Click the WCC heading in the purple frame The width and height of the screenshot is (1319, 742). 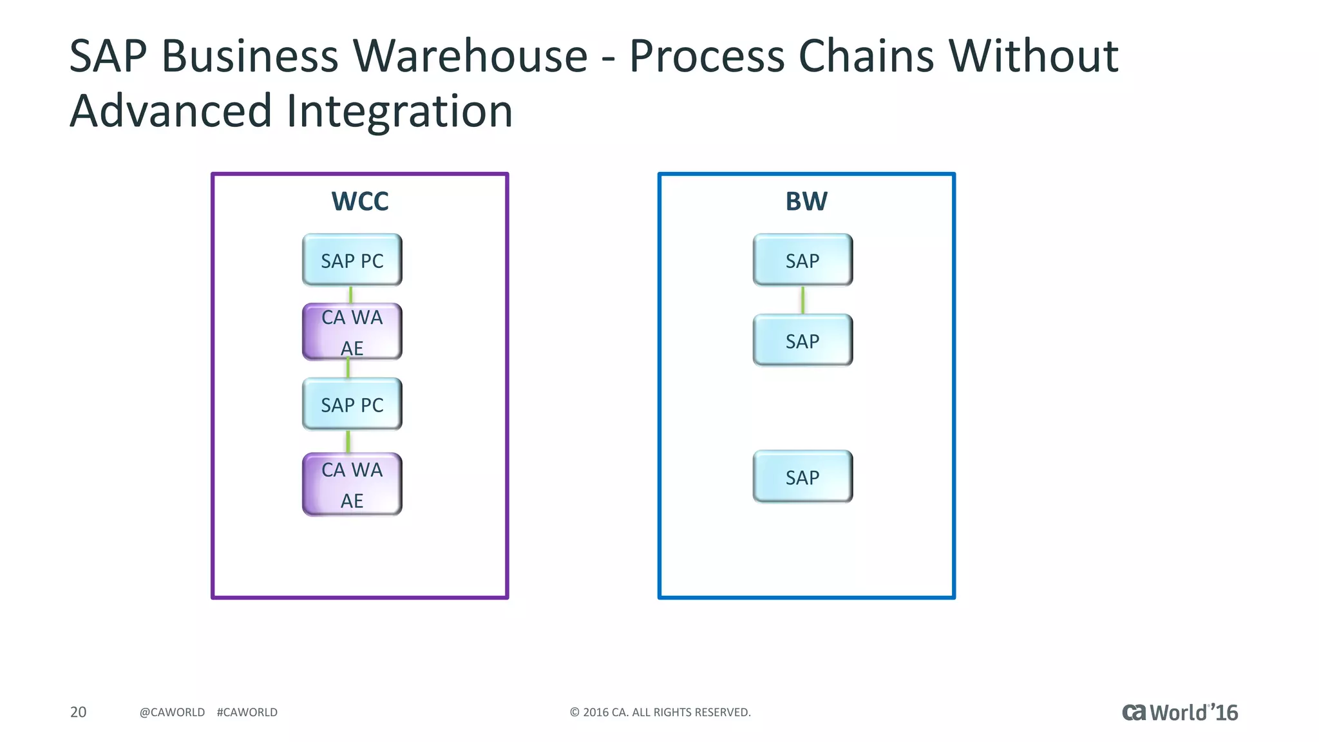click(359, 201)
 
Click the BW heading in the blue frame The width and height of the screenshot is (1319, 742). click(806, 201)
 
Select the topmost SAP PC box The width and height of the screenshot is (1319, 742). click(352, 260)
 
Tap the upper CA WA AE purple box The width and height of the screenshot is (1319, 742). click(352, 332)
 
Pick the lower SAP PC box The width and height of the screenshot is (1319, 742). click(352, 404)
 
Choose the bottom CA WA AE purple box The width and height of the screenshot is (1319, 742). click(352, 484)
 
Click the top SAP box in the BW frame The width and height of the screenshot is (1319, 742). click(802, 260)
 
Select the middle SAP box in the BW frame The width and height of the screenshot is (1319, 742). click(802, 340)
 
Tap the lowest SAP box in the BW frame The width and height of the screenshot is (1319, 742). click(802, 477)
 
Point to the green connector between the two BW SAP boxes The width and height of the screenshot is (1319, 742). click(802, 300)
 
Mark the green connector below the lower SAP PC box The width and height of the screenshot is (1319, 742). click(348, 442)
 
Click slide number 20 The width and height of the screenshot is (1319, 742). click(78, 712)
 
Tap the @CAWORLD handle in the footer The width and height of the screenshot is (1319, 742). click(172, 712)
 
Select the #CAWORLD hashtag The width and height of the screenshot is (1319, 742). click(247, 712)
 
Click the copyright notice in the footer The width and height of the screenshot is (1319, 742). click(660, 712)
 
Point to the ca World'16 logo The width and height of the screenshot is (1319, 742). click(1179, 712)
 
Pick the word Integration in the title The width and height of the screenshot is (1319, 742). click(399, 111)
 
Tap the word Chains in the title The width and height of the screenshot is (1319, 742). click(866, 56)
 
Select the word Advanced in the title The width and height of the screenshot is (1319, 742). click(171, 111)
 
